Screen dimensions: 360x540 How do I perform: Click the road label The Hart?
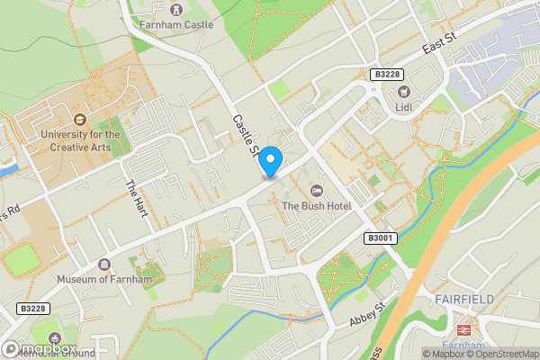tap(137, 197)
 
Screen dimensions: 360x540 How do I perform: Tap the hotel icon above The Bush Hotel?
tap(316, 190)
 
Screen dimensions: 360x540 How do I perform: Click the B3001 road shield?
tap(381, 237)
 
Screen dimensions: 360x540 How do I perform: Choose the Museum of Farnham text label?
tap(104, 279)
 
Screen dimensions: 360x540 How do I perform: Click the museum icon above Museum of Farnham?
tap(104, 264)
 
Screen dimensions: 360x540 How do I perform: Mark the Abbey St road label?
tap(366, 314)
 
